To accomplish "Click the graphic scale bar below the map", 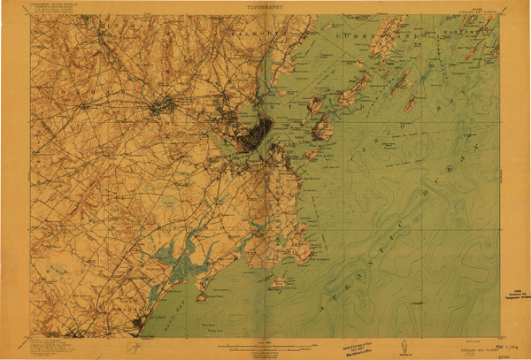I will point(265,343).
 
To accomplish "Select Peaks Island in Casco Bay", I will point(321,131).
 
